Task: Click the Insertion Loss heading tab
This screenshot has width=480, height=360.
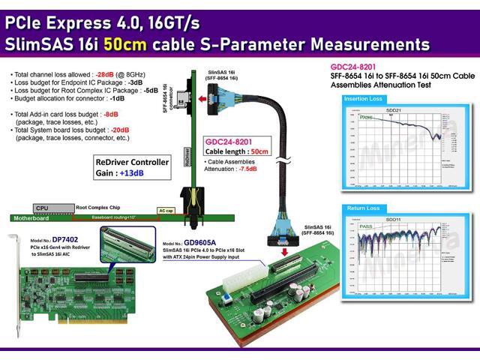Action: (365, 99)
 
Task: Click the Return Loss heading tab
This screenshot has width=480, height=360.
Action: (363, 208)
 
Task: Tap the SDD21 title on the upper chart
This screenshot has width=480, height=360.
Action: (394, 110)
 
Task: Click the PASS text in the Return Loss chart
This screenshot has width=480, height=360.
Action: (366, 226)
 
